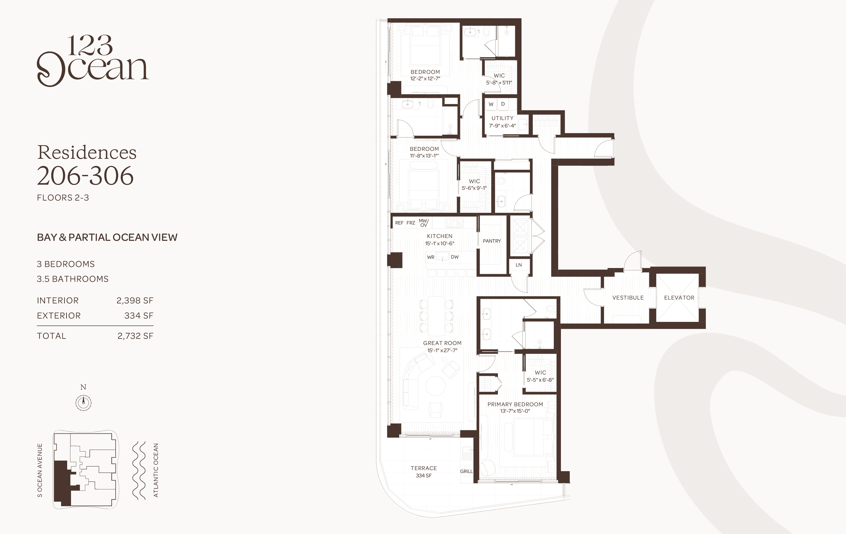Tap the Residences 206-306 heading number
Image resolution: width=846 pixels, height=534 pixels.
(85, 176)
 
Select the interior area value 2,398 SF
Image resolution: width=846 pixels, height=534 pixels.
(135, 301)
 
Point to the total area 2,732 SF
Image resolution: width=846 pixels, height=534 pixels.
(135, 336)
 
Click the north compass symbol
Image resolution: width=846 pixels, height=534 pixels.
(84, 402)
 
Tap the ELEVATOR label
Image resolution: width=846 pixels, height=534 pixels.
(679, 298)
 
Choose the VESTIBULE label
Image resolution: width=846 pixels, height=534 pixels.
(628, 298)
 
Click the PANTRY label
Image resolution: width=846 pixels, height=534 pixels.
(491, 241)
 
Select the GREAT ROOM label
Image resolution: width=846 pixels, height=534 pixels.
(442, 343)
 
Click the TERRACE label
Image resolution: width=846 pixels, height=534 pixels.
(424, 468)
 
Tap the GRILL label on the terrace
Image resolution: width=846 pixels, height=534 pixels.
(466, 471)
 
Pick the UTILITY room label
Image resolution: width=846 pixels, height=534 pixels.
(502, 118)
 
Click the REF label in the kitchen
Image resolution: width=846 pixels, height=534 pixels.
(399, 223)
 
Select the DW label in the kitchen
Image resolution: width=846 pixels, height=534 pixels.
(455, 257)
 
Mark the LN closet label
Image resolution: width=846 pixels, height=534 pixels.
(519, 265)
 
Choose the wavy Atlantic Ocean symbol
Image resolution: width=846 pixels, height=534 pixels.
(139, 471)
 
